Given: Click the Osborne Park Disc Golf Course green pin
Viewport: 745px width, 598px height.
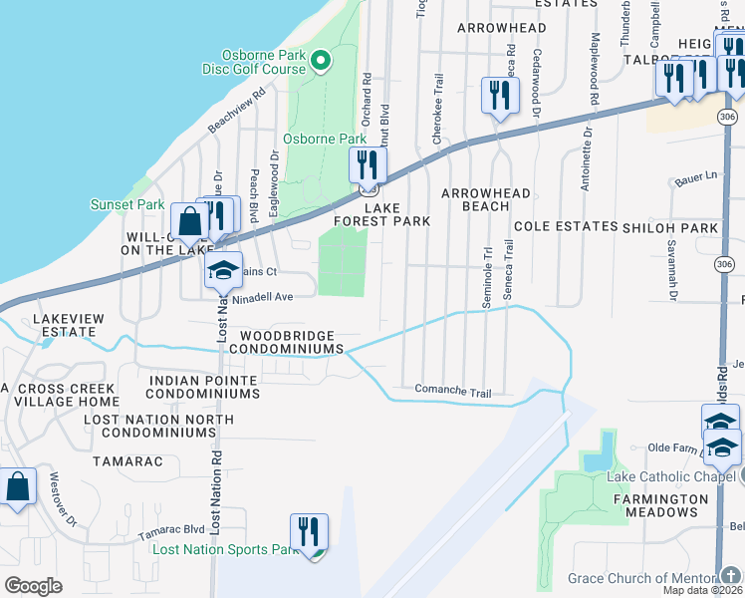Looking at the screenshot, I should (x=321, y=63).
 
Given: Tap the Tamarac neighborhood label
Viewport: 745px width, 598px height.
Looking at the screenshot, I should (x=121, y=462).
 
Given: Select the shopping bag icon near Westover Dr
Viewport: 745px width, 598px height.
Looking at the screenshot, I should (x=17, y=488).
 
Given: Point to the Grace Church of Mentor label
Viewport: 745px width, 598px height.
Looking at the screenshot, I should (x=641, y=579).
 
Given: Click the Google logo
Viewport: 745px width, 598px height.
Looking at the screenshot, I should (x=33, y=586).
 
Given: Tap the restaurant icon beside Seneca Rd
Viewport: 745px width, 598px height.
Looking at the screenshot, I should (x=498, y=96).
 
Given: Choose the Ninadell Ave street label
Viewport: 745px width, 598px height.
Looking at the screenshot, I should (x=262, y=297).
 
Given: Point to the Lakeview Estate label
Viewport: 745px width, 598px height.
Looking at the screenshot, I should (x=67, y=325).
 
